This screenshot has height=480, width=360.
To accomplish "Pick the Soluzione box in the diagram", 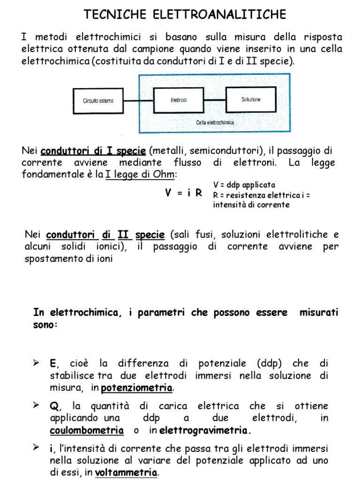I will [x=251, y=99].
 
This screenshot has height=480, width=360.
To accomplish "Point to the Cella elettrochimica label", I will [x=215, y=122].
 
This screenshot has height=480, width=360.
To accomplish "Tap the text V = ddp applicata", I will [x=244, y=185].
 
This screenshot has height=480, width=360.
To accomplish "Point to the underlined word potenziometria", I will [x=137, y=388].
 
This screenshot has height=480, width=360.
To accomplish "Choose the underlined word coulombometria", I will [x=87, y=430].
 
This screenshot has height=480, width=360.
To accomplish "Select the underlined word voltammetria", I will [x=126, y=472].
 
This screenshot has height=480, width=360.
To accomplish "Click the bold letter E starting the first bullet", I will [x=52, y=364].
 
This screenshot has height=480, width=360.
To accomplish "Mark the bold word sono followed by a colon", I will [x=45, y=324].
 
